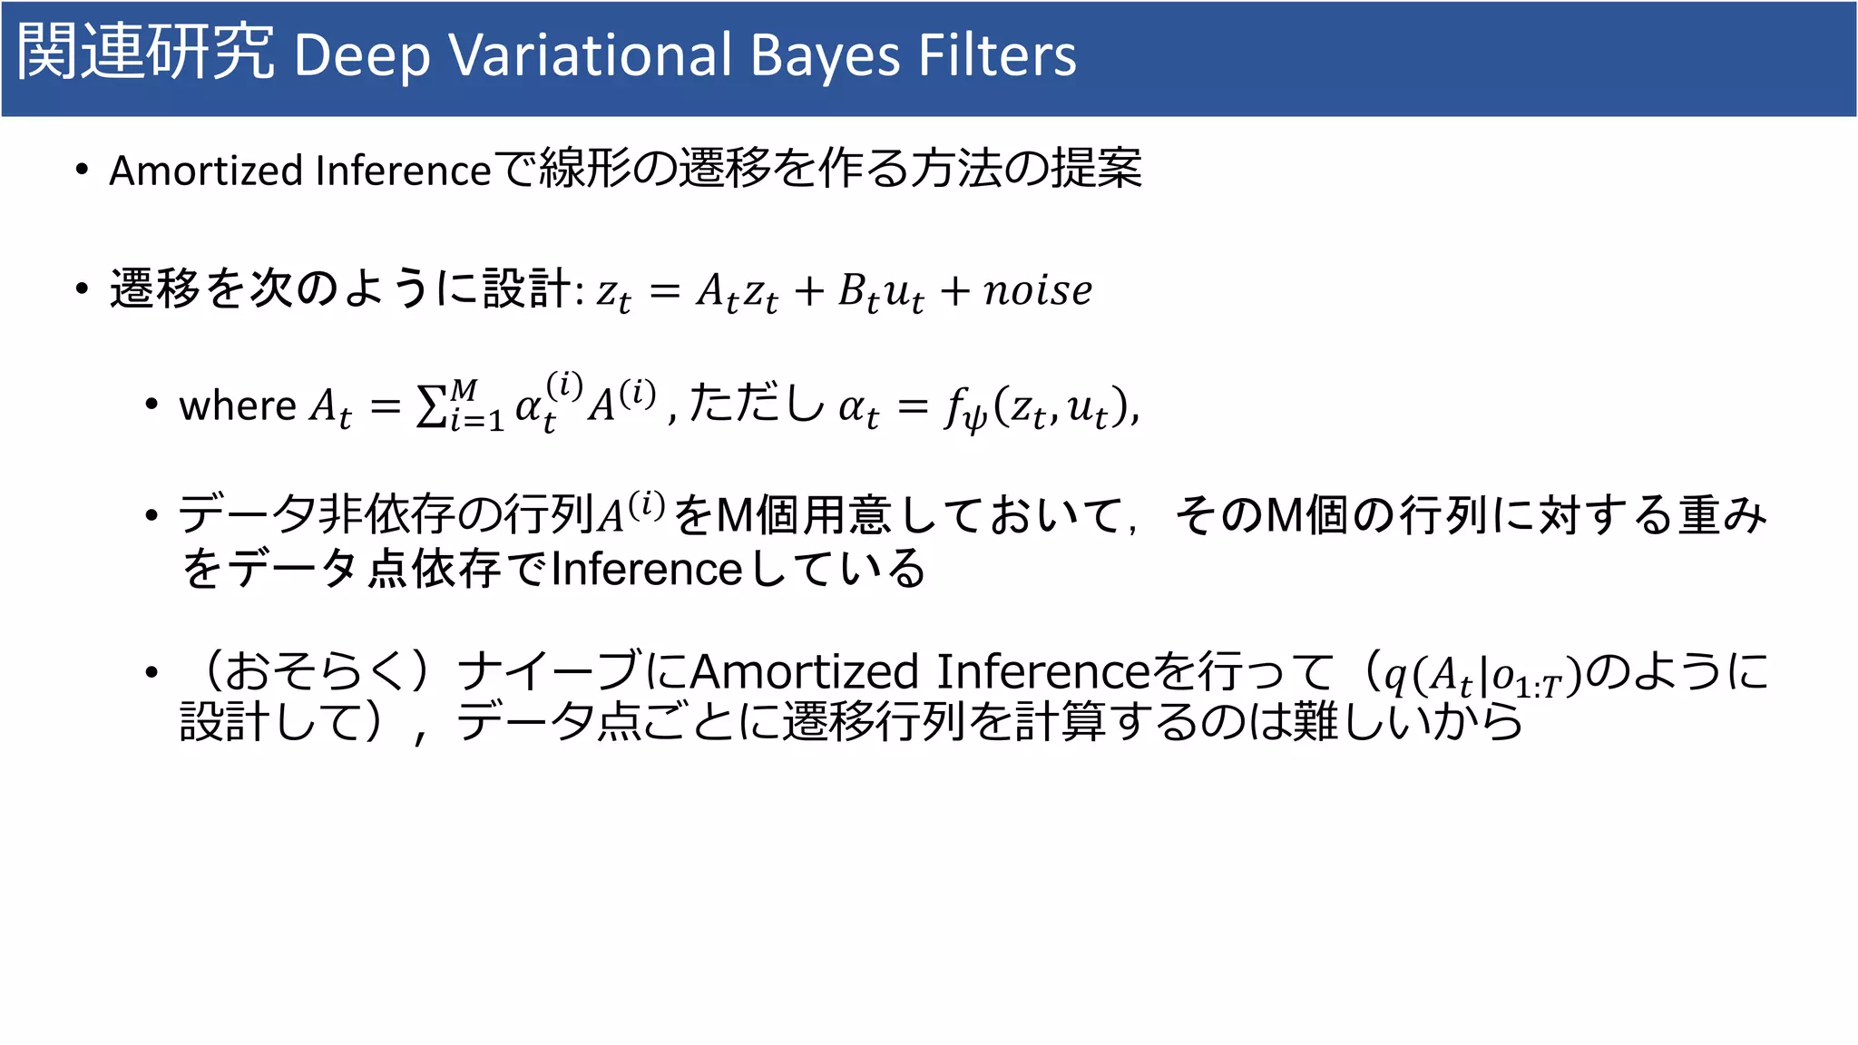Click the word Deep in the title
click(361, 56)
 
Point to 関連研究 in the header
click(145, 53)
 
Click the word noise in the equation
click(1038, 290)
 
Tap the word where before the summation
click(238, 405)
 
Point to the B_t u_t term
click(880, 292)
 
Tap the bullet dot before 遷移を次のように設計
click(83, 289)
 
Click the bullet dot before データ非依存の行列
click(152, 515)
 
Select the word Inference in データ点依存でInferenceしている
click(647, 570)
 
